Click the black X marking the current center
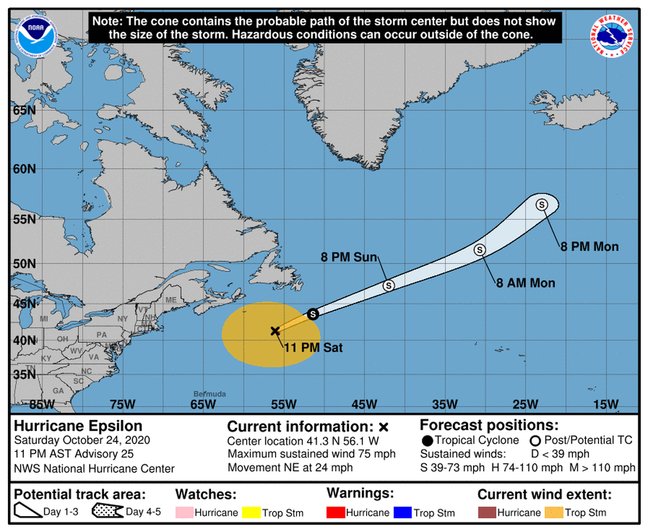(275, 331)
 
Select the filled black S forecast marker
(312, 314)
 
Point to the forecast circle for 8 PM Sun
(388, 285)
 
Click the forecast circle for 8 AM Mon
(479, 249)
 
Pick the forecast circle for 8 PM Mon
(542, 204)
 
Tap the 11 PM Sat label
(313, 347)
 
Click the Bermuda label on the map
(210, 394)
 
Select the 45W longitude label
(364, 405)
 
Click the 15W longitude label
(605, 405)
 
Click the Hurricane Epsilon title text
(78, 426)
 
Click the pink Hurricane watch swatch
(184, 513)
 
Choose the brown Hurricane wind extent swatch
(487, 513)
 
